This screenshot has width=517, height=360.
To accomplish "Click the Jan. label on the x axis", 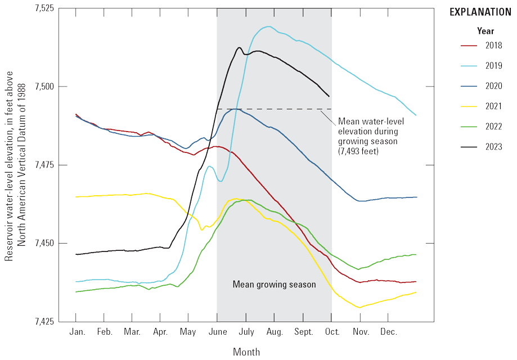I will pos(77,332).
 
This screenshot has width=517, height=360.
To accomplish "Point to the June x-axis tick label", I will pos(218,332).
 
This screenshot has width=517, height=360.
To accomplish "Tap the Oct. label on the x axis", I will pos(332,332).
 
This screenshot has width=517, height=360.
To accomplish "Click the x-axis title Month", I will pos(246,352).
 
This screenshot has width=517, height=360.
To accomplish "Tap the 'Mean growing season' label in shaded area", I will pos(274,285).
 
